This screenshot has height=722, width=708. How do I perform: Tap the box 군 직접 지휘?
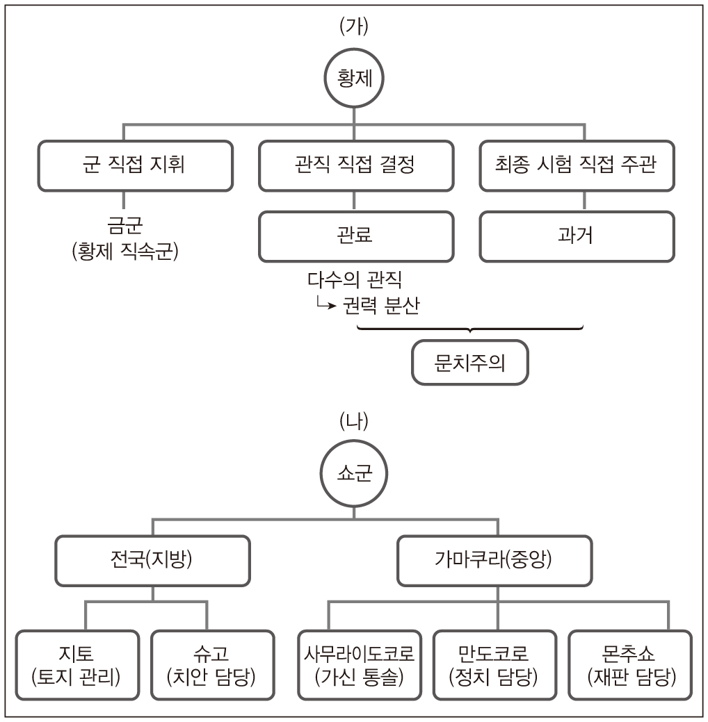point(134,166)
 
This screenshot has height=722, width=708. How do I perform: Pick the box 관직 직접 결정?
point(355,166)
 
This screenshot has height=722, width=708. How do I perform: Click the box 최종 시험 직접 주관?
point(577,166)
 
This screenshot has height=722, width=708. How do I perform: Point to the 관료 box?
point(355,236)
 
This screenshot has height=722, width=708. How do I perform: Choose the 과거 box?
point(577,236)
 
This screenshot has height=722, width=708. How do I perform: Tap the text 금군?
point(125,226)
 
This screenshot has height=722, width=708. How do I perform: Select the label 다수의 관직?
point(355,280)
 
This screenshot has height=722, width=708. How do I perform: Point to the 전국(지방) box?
point(152,560)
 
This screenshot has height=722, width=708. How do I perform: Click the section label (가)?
point(354,26)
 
